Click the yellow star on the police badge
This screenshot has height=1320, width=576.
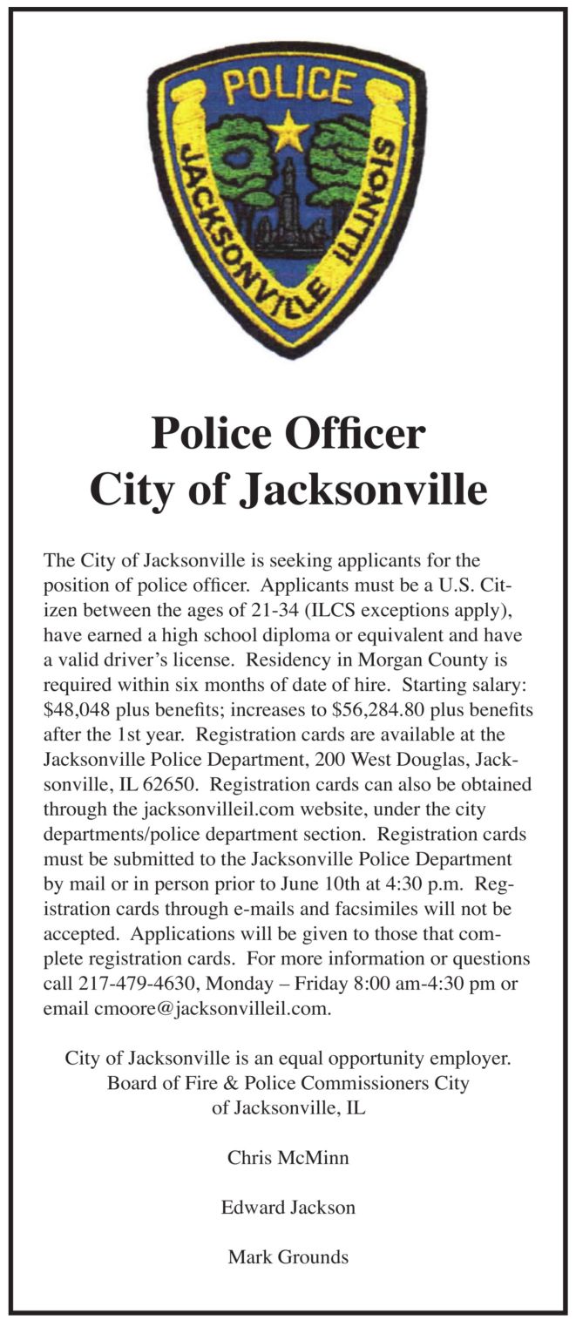(x=288, y=134)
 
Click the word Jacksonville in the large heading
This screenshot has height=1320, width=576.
(x=363, y=490)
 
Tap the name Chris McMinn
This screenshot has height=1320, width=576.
(x=288, y=1158)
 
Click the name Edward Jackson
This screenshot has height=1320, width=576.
(x=288, y=1208)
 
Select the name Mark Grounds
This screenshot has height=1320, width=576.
(x=288, y=1257)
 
